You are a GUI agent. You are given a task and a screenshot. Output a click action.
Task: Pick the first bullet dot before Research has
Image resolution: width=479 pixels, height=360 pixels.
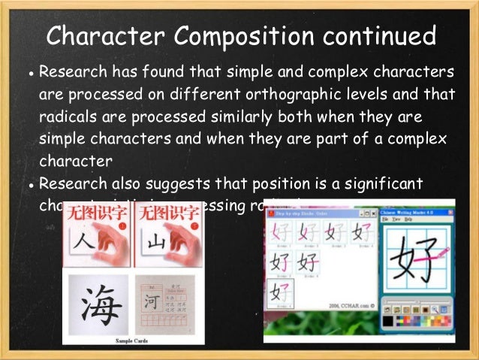pyautogui.click(x=29, y=76)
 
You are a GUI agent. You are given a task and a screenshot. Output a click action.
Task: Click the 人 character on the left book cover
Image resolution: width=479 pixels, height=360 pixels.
pyautogui.click(x=85, y=243)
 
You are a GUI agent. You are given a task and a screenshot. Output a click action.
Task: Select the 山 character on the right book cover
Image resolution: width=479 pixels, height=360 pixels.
pyautogui.click(x=156, y=243)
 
